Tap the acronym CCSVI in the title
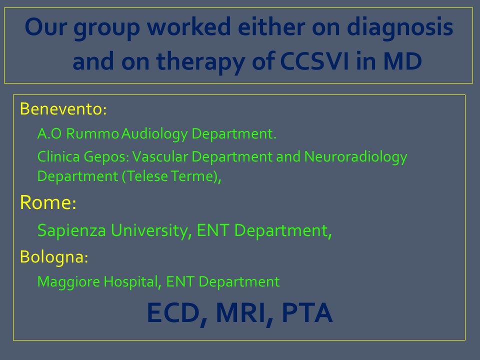(x=314, y=61)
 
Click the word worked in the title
(x=188, y=26)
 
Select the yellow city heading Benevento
(x=63, y=108)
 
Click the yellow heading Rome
(x=48, y=202)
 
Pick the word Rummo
(x=92, y=134)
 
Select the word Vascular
(x=160, y=156)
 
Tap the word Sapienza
(x=71, y=231)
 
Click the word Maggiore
(x=68, y=282)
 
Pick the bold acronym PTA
(x=307, y=312)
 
